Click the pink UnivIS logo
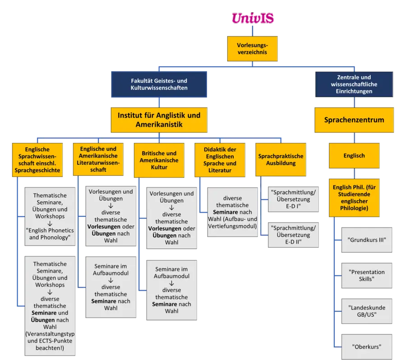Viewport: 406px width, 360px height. (x=252, y=18)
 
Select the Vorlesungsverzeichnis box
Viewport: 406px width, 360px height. (x=252, y=49)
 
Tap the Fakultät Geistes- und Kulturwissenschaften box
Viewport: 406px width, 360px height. (x=159, y=84)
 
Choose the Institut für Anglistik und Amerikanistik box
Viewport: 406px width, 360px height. (x=159, y=120)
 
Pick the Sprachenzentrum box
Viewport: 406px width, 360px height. (x=354, y=120)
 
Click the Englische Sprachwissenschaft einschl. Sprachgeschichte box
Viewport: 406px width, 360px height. (x=37, y=159)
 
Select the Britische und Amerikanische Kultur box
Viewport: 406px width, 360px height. (x=159, y=160)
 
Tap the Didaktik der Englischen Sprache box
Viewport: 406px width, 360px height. (x=220, y=160)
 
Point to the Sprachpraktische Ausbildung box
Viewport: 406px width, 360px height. (x=281, y=159)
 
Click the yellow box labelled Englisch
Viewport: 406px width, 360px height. (x=354, y=156)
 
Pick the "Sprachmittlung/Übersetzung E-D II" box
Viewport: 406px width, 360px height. (x=293, y=234)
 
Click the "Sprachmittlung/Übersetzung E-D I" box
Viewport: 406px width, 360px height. (x=293, y=199)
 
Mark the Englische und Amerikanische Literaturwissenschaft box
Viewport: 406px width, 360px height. (x=98, y=159)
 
